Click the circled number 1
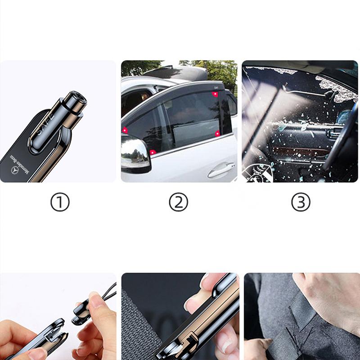(x=59, y=203)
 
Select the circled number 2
(x=178, y=203)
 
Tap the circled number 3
(x=300, y=203)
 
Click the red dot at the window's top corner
(x=216, y=94)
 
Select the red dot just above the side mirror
(x=153, y=152)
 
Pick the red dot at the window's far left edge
(x=124, y=130)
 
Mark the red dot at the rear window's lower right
(x=217, y=133)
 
